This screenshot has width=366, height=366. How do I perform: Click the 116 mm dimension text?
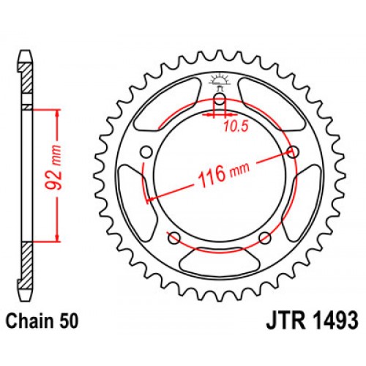pyautogui.click(x=220, y=176)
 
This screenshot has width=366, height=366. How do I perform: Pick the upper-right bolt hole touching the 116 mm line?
pyautogui.click(x=294, y=152)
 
